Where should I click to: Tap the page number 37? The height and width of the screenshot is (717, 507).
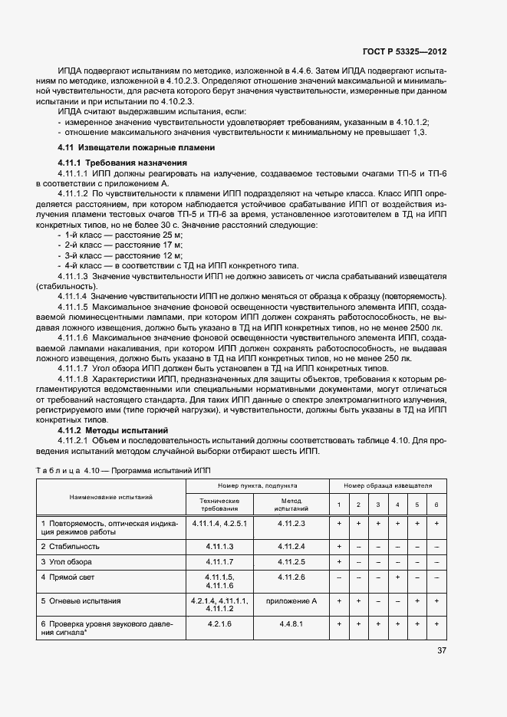pos(441,650)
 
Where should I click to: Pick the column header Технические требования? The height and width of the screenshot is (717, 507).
pos(220,504)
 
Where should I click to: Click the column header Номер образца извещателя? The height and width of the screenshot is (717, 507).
pos(387,485)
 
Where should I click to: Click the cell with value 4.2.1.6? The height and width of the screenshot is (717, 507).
pos(220,624)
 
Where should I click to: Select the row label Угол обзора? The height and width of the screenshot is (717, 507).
pos(69,562)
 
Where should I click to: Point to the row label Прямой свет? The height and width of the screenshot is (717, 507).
pos(71,576)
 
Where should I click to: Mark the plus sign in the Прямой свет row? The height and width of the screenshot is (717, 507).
pos(397,576)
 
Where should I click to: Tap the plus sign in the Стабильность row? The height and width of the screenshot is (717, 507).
pos(338,546)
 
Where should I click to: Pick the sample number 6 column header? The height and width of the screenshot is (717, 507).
pos(436,505)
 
